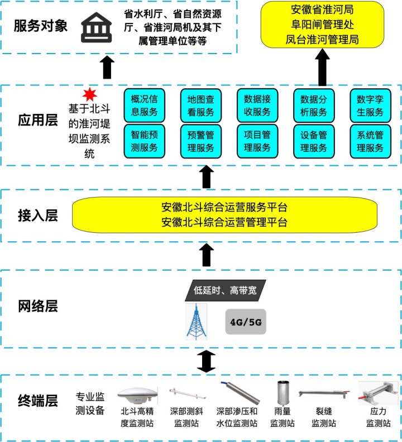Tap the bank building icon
tap(96, 28)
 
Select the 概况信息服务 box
tap(144, 105)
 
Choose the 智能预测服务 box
tap(144, 141)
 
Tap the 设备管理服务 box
tap(314, 141)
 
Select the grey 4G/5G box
tap(246, 322)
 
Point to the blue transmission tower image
tap(196, 321)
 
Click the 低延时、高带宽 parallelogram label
tap(226, 290)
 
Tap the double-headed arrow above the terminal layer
tap(207, 361)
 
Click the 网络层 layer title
tap(38, 306)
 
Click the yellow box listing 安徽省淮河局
tap(322, 25)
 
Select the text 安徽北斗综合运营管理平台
tap(224, 223)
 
